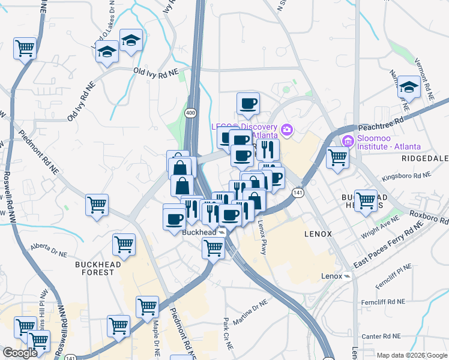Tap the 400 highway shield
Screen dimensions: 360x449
click(x=190, y=113)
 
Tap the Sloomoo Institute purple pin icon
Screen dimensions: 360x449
click(x=347, y=142)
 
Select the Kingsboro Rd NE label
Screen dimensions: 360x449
click(x=406, y=176)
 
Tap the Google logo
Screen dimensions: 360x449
click(x=20, y=353)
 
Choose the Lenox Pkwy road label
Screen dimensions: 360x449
click(x=262, y=238)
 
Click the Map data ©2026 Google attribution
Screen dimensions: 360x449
click(x=411, y=355)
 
